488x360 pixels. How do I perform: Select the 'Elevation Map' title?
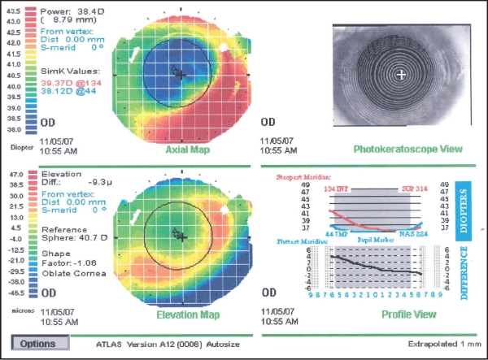click(x=175, y=314)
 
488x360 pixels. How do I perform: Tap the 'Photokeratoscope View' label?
click(x=407, y=150)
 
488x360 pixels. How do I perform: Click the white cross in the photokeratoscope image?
click(x=400, y=75)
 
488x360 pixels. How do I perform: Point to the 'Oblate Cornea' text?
click(x=75, y=273)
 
